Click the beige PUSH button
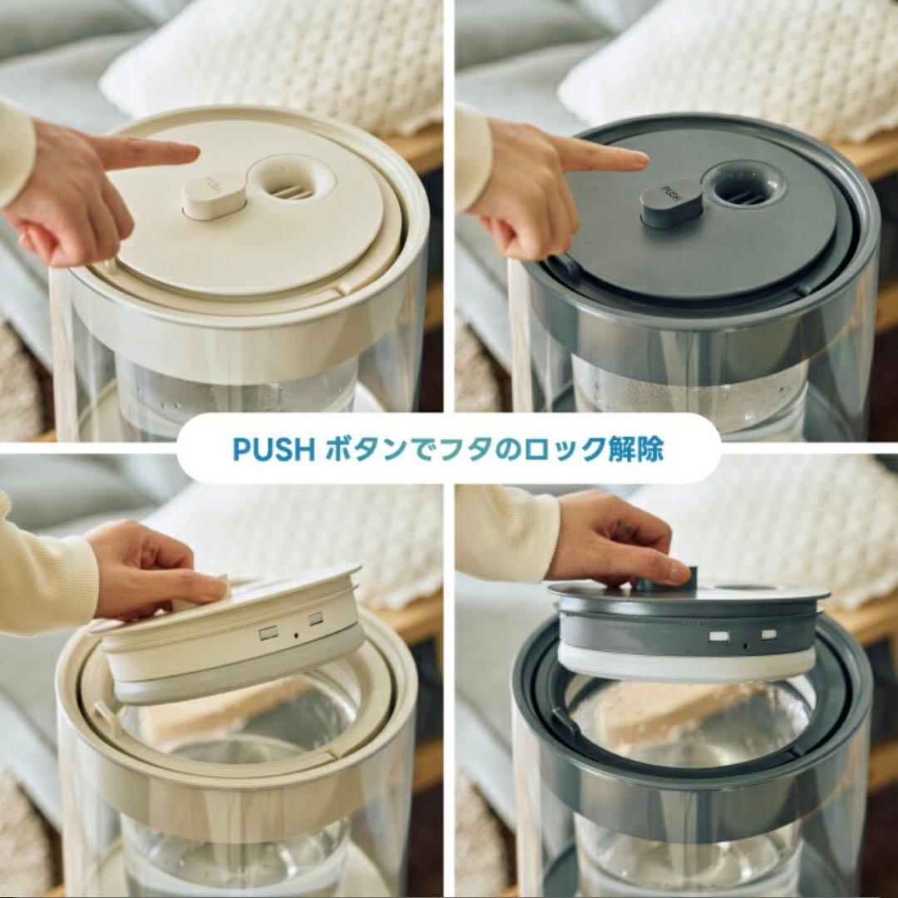coord(214,196)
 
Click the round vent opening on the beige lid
coord(291,180)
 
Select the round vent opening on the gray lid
coord(743,185)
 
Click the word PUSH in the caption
coord(273,449)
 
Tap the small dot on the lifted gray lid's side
coord(744,643)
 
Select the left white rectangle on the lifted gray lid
coord(719,636)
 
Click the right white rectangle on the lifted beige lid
coord(316,619)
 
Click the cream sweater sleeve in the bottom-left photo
coord(42,574)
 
